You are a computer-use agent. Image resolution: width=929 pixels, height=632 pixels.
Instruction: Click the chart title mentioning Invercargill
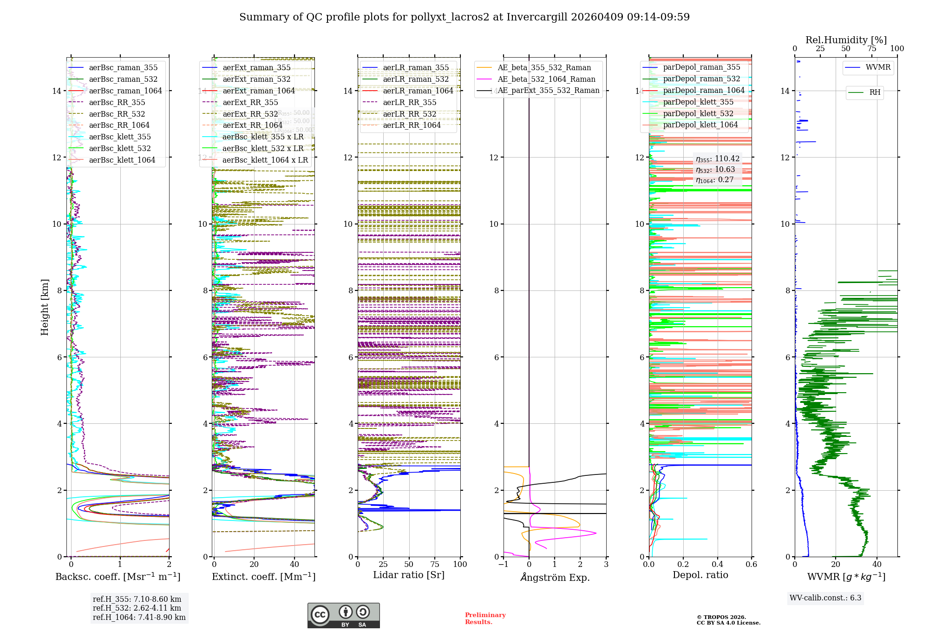[x=464, y=17]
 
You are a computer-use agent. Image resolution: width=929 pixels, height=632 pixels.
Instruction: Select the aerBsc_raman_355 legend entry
[x=123, y=68]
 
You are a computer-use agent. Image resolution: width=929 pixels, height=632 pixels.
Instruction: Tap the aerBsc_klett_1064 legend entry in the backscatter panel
[x=122, y=160]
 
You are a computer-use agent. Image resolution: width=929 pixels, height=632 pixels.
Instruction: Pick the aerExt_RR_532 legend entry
[x=250, y=114]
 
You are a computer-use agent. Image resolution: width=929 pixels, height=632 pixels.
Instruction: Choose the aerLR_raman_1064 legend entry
[x=418, y=91]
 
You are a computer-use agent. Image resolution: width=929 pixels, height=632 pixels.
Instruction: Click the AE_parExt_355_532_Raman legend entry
[x=548, y=91]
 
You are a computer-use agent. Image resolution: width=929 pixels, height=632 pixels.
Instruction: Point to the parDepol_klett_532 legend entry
[x=698, y=113]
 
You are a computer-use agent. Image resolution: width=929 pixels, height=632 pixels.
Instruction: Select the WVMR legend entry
[x=877, y=67]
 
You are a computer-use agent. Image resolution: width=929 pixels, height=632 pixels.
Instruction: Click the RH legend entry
[x=874, y=92]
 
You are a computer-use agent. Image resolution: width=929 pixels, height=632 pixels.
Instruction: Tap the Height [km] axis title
[x=45, y=307]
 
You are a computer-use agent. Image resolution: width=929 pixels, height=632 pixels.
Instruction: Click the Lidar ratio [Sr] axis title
[x=409, y=575]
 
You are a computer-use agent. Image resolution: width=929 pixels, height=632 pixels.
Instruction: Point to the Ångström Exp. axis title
[x=555, y=577]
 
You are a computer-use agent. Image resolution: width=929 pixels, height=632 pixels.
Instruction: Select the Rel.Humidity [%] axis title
[x=846, y=40]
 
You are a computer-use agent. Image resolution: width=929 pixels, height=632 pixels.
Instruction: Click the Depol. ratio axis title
[x=700, y=575]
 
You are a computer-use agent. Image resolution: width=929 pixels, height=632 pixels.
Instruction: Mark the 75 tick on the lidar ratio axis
[x=435, y=564]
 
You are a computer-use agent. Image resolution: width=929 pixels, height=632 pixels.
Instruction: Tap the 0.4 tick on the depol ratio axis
[x=717, y=564]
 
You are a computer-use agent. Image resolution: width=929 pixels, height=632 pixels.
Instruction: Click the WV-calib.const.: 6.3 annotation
[x=825, y=598]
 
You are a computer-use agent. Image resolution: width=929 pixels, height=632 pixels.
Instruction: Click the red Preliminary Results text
[x=485, y=618]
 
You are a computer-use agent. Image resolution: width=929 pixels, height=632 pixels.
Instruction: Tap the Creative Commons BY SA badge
[x=343, y=615]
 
